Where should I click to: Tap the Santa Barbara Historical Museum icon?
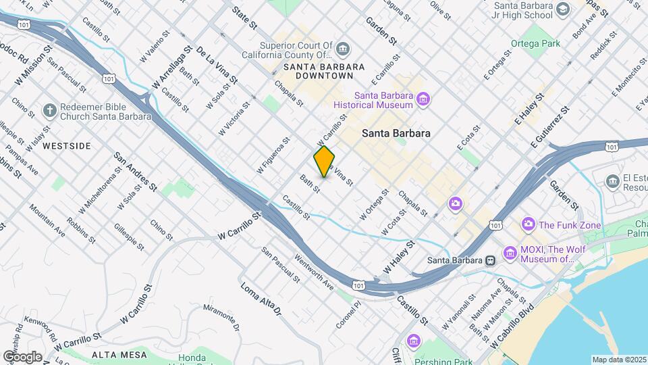(423, 101)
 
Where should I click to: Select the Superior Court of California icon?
(344, 48)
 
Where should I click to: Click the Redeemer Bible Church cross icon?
(49, 110)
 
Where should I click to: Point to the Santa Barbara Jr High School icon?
(563, 9)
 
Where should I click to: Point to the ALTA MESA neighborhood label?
(114, 354)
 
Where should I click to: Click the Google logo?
(22, 356)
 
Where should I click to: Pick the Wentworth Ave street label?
(313, 272)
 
